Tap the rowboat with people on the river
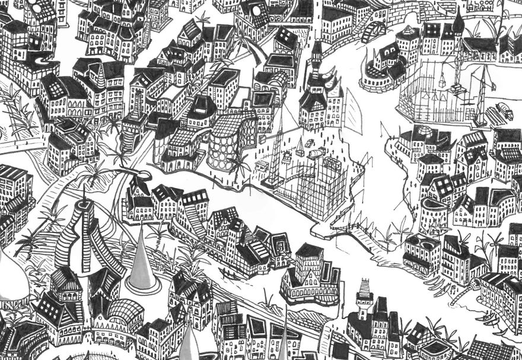pos(228,273)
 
